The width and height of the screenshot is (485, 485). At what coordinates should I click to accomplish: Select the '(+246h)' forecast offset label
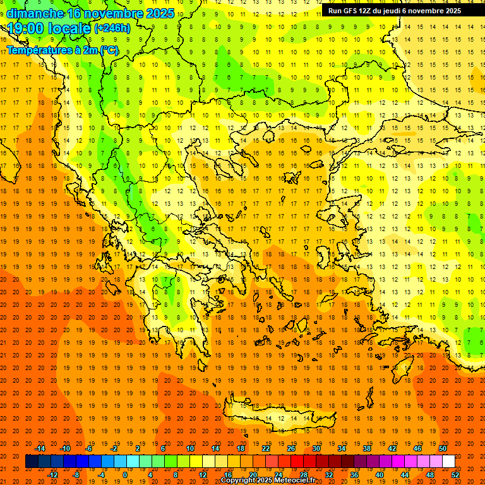pyautogui.click(x=112, y=28)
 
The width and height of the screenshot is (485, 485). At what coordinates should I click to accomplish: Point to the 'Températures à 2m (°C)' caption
pyautogui.click(x=62, y=50)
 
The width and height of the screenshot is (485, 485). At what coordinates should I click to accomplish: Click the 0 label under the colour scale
pyautogui.click(x=125, y=475)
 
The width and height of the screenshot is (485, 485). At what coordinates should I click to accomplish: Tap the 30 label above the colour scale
pyautogui.click(x=316, y=448)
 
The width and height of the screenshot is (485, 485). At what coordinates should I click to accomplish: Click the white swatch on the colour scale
pyautogui.click(x=448, y=462)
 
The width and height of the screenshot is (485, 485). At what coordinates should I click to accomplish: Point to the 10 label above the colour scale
pyautogui.click(x=190, y=448)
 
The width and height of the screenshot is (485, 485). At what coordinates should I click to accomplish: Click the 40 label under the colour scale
pyautogui.click(x=379, y=475)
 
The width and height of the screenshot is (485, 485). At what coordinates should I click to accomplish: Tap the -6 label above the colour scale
pyautogui.click(x=89, y=448)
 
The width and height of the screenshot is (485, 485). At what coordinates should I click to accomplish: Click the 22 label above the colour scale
pyautogui.click(x=266, y=448)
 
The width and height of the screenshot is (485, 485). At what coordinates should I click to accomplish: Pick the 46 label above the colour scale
pyautogui.click(x=417, y=448)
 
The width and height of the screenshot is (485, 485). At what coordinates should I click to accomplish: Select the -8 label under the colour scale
pyautogui.click(x=75, y=475)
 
